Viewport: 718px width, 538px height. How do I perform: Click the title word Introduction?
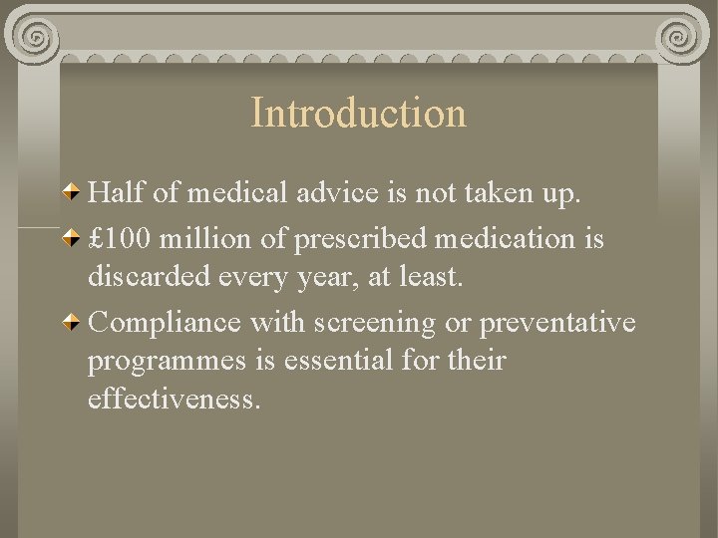pyautogui.click(x=358, y=113)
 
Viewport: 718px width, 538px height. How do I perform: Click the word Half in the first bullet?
pyautogui.click(x=116, y=193)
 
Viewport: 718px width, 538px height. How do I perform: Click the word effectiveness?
pyautogui.click(x=174, y=399)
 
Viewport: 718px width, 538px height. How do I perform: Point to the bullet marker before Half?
pyautogui.click(x=73, y=192)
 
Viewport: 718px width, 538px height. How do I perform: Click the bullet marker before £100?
pyautogui.click(x=73, y=239)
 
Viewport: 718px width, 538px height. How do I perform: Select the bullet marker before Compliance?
pyautogui.click(x=73, y=321)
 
